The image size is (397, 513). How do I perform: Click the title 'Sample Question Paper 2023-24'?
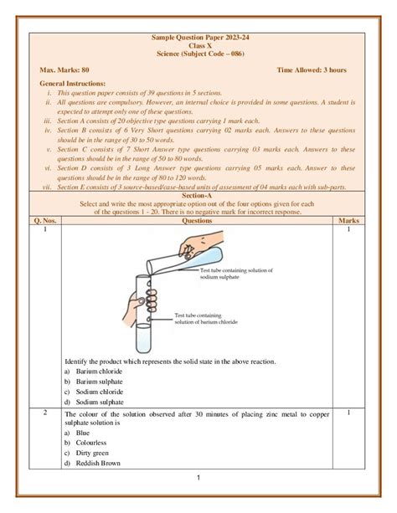coord(198,38)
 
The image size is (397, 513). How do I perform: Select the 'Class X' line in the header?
coord(198,46)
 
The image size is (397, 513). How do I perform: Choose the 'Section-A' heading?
coord(198,197)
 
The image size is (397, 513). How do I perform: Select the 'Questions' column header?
coord(198,221)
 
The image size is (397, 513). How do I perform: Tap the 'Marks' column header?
coord(347,221)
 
